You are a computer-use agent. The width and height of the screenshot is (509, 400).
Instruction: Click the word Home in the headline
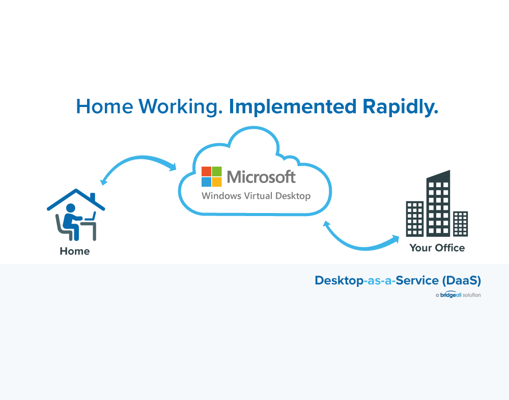click(x=104, y=106)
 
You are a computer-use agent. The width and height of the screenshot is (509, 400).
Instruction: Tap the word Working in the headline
click(x=181, y=107)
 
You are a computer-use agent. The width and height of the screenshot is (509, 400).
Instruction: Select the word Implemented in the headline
click(x=293, y=106)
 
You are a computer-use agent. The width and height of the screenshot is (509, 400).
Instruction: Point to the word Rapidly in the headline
click(x=400, y=107)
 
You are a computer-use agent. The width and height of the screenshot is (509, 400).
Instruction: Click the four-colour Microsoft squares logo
click(x=212, y=177)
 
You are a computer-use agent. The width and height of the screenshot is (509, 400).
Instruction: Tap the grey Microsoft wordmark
click(x=261, y=177)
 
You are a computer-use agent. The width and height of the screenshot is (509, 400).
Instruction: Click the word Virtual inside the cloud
click(x=258, y=196)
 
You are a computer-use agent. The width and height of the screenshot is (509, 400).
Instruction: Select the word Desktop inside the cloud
click(x=293, y=196)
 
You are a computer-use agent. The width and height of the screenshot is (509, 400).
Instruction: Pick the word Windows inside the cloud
click(x=221, y=196)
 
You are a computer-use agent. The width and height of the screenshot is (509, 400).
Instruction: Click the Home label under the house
click(x=75, y=251)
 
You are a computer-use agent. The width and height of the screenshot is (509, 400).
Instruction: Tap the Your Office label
click(x=437, y=248)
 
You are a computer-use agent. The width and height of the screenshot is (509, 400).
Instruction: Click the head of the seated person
click(x=70, y=208)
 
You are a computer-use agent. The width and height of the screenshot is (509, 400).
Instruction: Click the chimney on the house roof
click(x=93, y=197)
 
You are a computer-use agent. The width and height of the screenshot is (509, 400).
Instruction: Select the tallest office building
click(x=438, y=203)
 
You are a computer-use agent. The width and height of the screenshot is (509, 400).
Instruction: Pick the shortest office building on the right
click(x=460, y=224)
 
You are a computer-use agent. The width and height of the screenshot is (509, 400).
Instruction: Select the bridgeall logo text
click(x=450, y=295)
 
